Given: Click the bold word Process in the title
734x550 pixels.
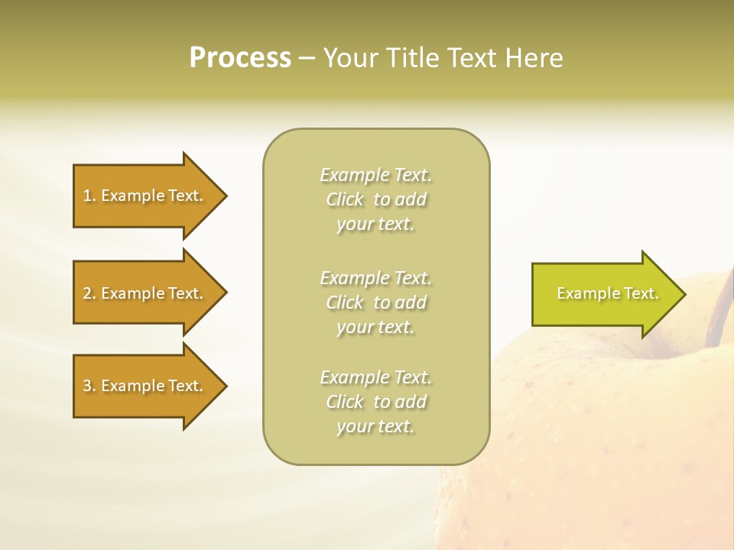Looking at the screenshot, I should click(x=240, y=58).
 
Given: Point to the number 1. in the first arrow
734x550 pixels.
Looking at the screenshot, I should click(x=89, y=196).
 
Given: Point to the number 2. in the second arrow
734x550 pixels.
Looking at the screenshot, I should click(x=89, y=293).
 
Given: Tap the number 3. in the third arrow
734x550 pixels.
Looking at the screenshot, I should click(x=89, y=386).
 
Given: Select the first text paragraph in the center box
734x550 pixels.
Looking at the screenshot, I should click(x=376, y=199).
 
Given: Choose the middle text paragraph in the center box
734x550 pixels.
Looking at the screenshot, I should click(x=376, y=302).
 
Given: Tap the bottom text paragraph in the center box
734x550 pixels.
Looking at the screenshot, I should click(x=376, y=402).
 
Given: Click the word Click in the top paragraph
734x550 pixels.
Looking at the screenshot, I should click(x=345, y=199).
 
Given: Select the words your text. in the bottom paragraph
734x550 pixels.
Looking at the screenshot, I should click(x=375, y=426).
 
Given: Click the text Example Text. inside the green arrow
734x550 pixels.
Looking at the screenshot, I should click(x=608, y=293).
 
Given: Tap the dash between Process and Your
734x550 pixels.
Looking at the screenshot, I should click(x=307, y=59).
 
